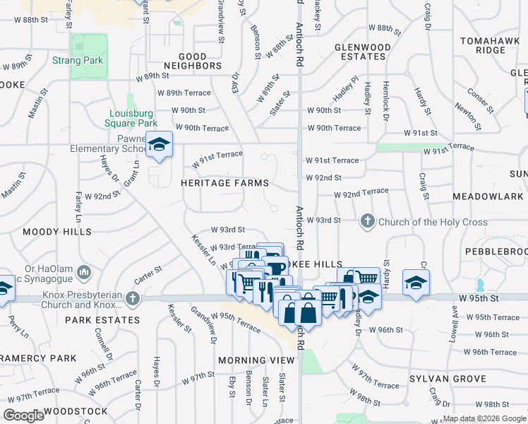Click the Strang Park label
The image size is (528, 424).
click(77, 61)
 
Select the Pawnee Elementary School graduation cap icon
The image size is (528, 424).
click(160, 145)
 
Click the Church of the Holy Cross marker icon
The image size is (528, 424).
click(367, 222)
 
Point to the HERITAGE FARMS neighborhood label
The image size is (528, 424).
click(224, 183)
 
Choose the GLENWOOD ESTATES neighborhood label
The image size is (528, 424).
click(362, 52)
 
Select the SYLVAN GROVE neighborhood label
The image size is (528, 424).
click(448, 379)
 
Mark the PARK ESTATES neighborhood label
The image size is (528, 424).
click(102, 320)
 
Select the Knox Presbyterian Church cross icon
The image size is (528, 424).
click(132, 299)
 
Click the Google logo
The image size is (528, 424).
click(24, 416)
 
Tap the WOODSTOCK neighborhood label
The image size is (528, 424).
click(76, 411)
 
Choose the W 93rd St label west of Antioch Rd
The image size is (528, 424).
click(227, 230)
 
